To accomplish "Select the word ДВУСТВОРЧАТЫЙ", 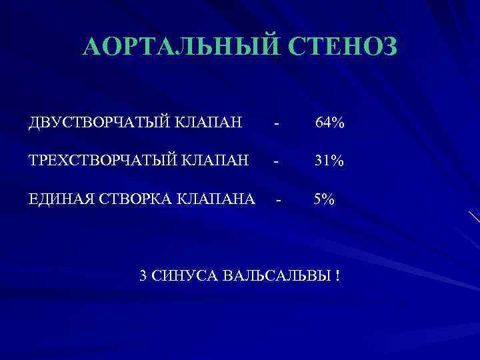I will coord(91,123).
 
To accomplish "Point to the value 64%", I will coord(330,123).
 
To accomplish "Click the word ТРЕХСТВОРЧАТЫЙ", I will coord(96,161).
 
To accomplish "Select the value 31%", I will coord(329,161).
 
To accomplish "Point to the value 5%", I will coord(325,199).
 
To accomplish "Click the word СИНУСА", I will coord(186,275).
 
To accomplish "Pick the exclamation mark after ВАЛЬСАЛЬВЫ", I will coord(338,275).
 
